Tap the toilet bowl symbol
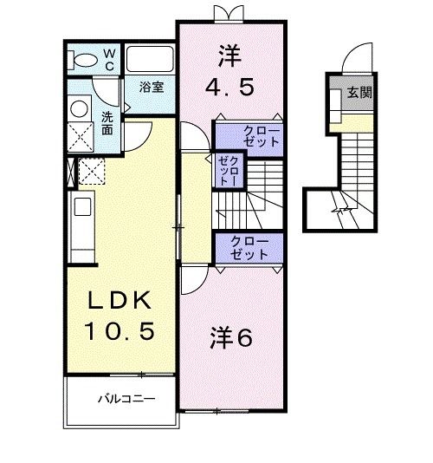coord(84,59)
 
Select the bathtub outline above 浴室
coord(151,59)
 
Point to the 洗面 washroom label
coord(107,123)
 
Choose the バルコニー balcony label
coord(126,401)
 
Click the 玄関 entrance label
coord(359,92)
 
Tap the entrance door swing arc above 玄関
coord(355,61)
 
